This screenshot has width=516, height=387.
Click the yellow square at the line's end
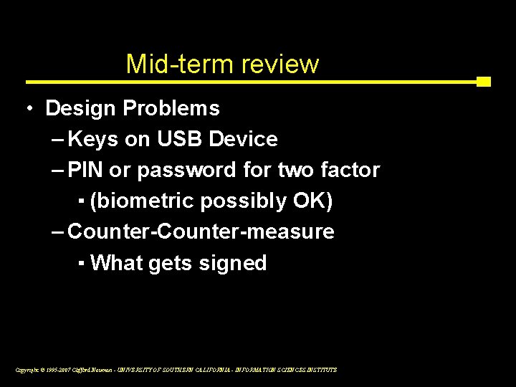click(x=484, y=82)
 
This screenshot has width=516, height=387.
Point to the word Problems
click(x=171, y=109)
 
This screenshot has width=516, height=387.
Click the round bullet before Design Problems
click(x=28, y=109)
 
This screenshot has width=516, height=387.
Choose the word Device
click(x=243, y=140)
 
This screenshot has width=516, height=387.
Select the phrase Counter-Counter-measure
click(x=201, y=232)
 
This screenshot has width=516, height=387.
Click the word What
click(x=118, y=263)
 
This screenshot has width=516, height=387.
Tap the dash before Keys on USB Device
click(x=58, y=140)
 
